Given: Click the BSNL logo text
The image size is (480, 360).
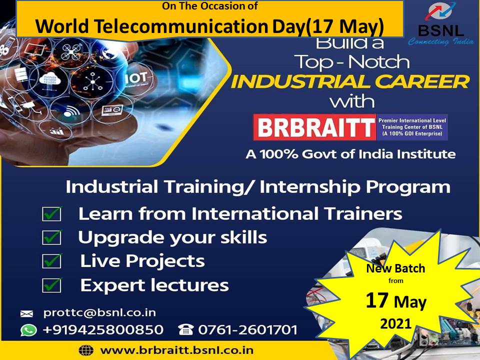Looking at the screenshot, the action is click(441, 30).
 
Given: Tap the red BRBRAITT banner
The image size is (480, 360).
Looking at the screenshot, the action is click(314, 127).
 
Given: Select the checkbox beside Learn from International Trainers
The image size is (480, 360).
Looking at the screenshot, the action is click(51, 213).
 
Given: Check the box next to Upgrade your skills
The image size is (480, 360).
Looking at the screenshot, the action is click(51, 237).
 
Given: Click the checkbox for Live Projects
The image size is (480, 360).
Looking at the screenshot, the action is click(51, 261).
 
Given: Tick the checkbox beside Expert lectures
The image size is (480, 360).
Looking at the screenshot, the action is click(51, 285).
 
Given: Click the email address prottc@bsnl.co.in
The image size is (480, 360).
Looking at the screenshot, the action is click(100, 312).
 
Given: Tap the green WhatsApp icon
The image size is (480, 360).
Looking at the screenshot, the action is click(28, 330).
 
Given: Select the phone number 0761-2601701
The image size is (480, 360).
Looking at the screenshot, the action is click(247, 329).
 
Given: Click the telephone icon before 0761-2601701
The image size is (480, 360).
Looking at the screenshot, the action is click(185, 329).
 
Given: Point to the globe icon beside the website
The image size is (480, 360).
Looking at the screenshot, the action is click(86, 350).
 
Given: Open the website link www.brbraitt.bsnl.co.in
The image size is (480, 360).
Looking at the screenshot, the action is click(177, 350).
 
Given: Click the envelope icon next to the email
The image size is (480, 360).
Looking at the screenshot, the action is click(26, 313).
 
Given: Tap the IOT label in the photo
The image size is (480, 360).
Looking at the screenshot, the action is click(136, 78).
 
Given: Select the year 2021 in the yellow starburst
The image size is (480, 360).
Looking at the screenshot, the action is click(395, 323).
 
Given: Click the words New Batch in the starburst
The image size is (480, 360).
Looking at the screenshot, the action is click(395, 268).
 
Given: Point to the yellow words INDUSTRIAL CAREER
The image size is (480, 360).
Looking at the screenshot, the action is click(349, 81).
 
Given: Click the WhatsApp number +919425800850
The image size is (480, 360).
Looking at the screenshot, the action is click(103, 329).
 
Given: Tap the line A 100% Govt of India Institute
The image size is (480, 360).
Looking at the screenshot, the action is click(350, 153).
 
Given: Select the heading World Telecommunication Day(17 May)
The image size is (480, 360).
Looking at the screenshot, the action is click(209, 26).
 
